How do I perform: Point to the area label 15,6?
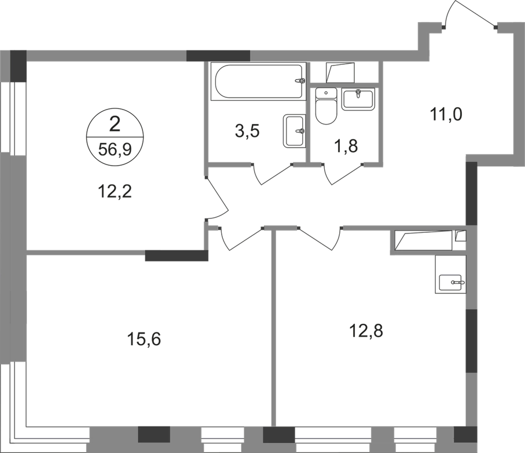(144, 337)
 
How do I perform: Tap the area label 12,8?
(367, 331)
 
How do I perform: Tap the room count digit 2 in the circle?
(117, 122)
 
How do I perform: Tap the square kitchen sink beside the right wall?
(450, 276)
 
